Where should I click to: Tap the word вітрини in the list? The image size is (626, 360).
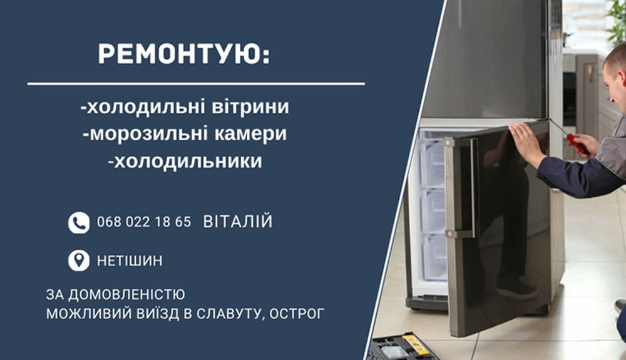(x=250, y=107)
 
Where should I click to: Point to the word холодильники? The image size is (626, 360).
(x=188, y=162)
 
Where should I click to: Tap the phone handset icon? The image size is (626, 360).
(x=79, y=222)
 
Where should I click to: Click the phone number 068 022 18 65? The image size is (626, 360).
(x=144, y=222)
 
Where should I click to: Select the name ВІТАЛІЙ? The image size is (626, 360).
(x=237, y=221)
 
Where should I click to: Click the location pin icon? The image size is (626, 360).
(x=79, y=260)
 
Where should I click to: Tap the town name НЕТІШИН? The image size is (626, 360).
(x=130, y=261)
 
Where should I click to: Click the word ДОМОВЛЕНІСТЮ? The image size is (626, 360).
(x=126, y=294)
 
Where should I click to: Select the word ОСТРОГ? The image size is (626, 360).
(x=297, y=314)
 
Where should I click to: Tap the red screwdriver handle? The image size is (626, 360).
(x=578, y=144)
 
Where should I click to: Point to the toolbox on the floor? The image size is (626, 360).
(x=403, y=347)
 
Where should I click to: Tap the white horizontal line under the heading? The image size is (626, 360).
(x=196, y=84)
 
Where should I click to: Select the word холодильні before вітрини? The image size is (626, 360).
(x=146, y=107)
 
